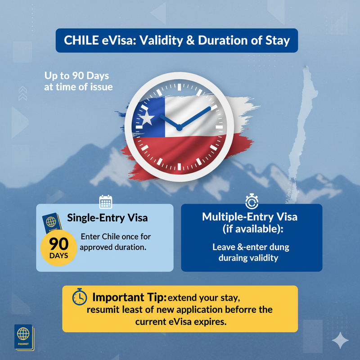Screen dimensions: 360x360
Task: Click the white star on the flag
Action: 147,118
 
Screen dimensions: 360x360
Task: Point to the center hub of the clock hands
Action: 179,128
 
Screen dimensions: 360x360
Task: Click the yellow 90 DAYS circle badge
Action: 58,248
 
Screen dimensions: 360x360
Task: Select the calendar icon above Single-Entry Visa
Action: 106,202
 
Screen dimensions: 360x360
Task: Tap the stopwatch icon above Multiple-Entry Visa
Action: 252,201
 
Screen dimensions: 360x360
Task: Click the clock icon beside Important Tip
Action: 80,297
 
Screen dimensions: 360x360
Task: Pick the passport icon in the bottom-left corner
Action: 24,337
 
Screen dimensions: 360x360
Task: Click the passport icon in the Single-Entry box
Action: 52,222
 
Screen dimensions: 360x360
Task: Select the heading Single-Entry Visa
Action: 107,218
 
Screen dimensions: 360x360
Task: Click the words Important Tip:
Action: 129,297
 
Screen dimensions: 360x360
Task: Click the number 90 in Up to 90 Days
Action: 78,76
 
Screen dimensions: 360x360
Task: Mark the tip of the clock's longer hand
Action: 210,107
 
